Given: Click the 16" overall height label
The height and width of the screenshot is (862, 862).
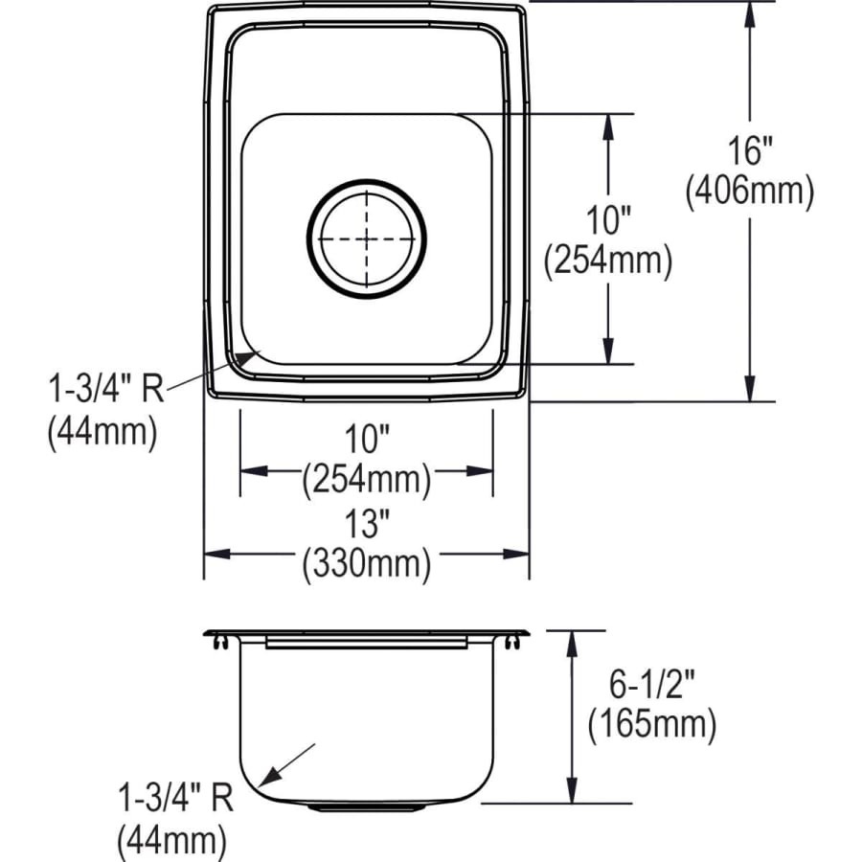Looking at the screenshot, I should coord(749,151).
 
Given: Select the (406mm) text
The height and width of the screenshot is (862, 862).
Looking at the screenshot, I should coord(749,192).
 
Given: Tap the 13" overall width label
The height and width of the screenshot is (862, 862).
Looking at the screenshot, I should coord(366,525).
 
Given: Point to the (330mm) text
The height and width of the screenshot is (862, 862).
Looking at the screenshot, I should coord(366,564).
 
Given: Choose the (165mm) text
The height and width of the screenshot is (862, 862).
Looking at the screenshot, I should coord(651,725).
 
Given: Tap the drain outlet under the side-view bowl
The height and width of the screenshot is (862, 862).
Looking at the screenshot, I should coord(367,807).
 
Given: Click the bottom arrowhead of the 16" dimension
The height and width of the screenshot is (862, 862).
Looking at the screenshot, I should coord(750,393).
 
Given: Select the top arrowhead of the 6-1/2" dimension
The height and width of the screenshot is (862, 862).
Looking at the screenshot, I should coord(573,640).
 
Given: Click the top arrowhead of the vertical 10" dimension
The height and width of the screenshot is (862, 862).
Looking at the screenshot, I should coord(607,123).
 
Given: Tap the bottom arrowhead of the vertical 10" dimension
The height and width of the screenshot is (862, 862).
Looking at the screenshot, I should coord(607,355).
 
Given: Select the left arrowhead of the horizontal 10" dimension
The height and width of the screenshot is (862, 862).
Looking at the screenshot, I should coord(248,471).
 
